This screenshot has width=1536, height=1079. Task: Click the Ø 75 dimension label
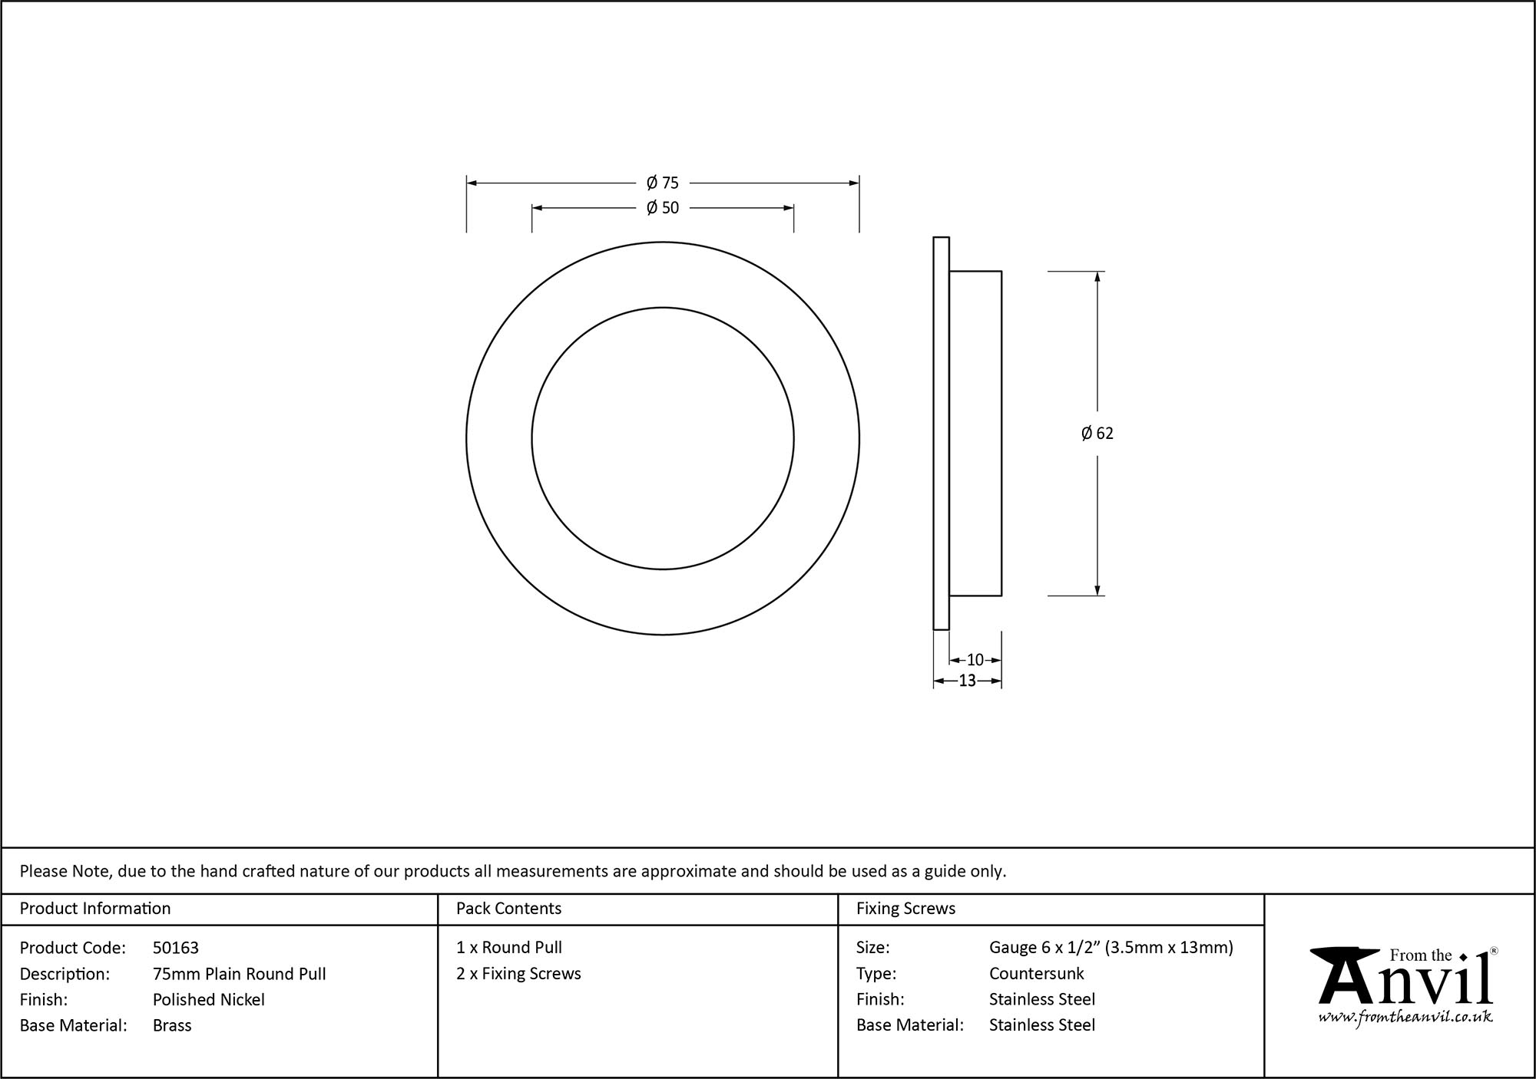point(662,183)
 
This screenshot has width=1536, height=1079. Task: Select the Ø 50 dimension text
point(662,207)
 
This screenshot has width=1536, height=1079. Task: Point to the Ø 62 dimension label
point(1097,434)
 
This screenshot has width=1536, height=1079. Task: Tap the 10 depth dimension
point(975,660)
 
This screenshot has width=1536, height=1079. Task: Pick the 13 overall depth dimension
point(967,681)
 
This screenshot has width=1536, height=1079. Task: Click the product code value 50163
point(176,948)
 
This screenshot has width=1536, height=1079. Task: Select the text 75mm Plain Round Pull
point(239,974)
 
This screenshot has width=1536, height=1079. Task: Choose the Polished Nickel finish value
point(208,999)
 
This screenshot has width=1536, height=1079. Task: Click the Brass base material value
point(172,1025)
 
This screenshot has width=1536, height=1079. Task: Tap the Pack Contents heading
point(508,909)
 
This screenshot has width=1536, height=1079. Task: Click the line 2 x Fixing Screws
point(518,973)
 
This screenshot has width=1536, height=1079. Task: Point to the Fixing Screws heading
point(905,909)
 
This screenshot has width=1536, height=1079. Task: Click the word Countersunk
point(1036,974)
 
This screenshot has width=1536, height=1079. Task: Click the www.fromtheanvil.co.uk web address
point(1405,1017)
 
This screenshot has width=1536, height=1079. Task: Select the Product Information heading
point(95,909)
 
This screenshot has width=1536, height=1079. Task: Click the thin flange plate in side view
point(941,434)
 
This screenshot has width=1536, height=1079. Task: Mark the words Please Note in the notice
point(66,871)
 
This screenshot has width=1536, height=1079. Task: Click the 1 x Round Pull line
point(508,948)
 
